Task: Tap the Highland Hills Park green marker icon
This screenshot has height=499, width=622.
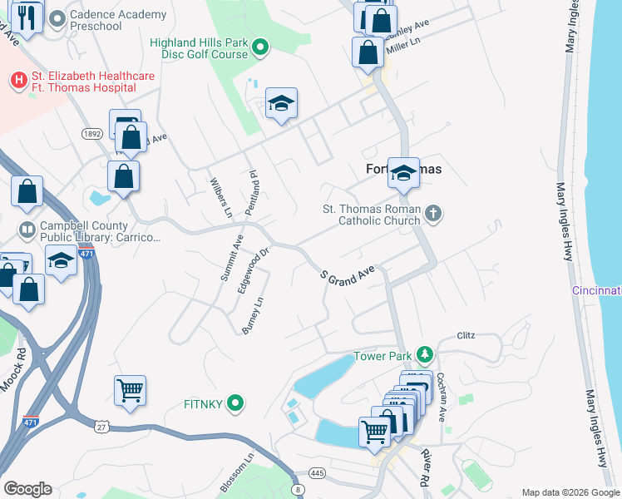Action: [259, 47]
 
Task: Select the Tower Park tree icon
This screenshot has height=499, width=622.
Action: [425, 355]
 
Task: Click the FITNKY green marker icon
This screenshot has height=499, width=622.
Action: [236, 404]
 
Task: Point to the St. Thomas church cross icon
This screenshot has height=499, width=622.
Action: [432, 215]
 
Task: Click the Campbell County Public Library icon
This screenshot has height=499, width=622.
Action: [27, 229]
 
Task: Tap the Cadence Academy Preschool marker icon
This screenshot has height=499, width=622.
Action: [57, 17]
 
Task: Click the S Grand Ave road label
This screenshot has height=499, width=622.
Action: [348, 277]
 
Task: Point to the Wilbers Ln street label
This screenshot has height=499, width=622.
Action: [220, 198]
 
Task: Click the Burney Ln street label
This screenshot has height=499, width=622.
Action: [252, 317]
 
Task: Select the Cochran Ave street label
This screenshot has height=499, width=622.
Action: [442, 396]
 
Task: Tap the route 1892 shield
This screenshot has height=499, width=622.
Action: [92, 133]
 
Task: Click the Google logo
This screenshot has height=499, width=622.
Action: [27, 489]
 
